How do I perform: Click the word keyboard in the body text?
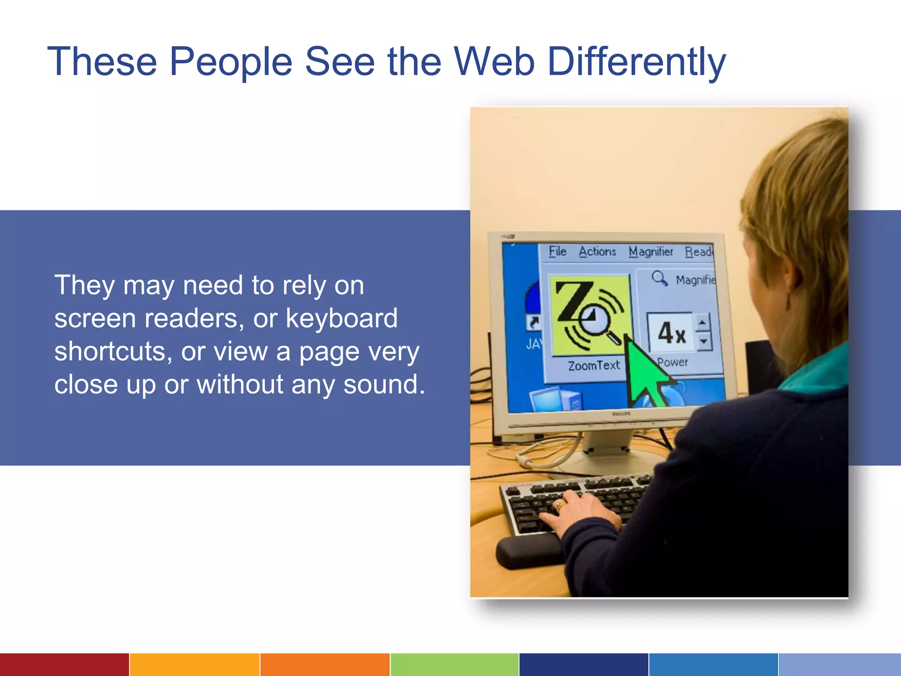[341, 318]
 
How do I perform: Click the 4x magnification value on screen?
[671, 333]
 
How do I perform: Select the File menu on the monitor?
[557, 251]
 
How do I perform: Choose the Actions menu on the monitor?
[597, 252]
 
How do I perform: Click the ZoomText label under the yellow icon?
[593, 366]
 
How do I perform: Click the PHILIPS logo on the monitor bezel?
[621, 414]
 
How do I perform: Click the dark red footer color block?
[64, 665]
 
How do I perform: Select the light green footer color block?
[454, 665]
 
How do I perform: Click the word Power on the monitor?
[673, 362]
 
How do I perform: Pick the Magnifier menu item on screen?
[651, 252]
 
